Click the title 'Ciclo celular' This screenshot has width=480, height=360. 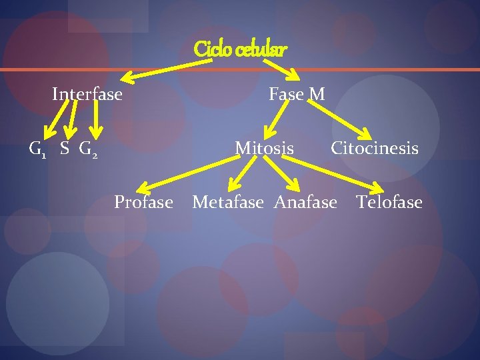tap(241, 49)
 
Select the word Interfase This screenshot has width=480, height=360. tap(87, 94)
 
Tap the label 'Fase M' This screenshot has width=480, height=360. tap(297, 95)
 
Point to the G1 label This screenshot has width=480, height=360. tap(37, 149)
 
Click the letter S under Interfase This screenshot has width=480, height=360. tap(65, 148)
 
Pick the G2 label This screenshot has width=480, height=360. tap(89, 149)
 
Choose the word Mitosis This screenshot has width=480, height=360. tap(264, 148)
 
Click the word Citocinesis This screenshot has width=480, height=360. tap(375, 148)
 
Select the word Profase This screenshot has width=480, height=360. tap(143, 201)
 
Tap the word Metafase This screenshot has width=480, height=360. tap(228, 201)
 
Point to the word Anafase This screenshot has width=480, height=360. tap(306, 201)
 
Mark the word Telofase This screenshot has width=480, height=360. tap(389, 201)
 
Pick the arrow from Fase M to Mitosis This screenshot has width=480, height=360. tap(274, 121)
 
